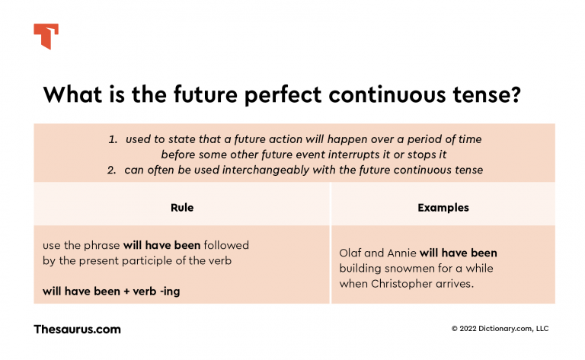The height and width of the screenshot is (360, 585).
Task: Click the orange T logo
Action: pos(46,36)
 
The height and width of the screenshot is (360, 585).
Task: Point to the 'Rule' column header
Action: pos(181,207)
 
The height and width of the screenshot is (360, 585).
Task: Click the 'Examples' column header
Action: pos(443,207)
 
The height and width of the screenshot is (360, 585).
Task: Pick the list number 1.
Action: pos(112,140)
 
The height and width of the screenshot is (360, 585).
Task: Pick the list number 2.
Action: pos(113,170)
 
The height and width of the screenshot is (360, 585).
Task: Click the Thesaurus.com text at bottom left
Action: pos(77,330)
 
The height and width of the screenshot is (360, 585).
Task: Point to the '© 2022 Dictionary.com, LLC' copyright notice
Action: pos(500,329)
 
